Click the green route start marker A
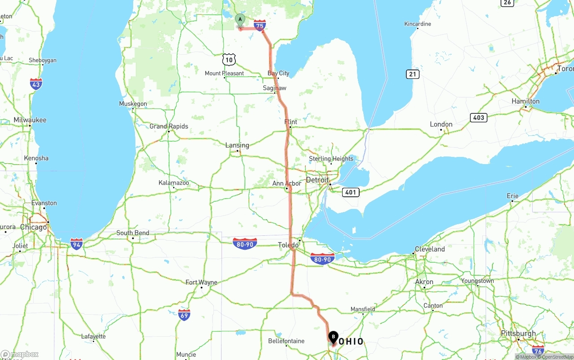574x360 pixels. click(x=240, y=20)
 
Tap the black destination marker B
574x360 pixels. click(x=333, y=337)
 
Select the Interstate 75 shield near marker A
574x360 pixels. click(x=260, y=25)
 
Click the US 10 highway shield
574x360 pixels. click(x=229, y=59)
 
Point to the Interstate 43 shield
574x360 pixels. click(x=36, y=84)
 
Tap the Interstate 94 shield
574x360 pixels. click(x=77, y=244)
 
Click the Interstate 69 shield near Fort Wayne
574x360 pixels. click(x=184, y=314)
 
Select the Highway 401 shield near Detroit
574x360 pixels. click(x=350, y=192)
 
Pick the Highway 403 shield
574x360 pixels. click(x=478, y=117)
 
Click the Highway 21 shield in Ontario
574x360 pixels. click(x=413, y=74)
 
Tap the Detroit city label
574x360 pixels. click(x=317, y=180)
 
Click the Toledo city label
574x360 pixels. click(x=288, y=245)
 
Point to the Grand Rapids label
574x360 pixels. click(x=169, y=126)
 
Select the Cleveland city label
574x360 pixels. click(x=430, y=249)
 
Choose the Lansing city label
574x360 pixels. click(x=237, y=145)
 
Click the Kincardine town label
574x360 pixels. click(x=417, y=24)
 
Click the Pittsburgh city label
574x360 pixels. click(x=519, y=334)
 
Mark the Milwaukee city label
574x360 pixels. click(x=30, y=120)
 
